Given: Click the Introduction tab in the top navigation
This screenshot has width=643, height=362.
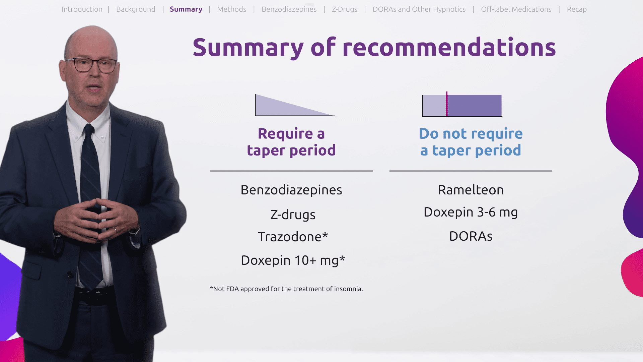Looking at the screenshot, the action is (82, 9).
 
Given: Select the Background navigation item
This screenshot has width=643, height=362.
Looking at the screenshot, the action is (136, 9).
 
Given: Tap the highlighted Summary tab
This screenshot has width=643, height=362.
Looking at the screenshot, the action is (186, 9).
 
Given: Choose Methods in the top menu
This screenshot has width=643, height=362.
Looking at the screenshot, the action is (231, 9).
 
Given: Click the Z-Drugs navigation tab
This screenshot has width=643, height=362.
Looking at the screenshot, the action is (345, 9).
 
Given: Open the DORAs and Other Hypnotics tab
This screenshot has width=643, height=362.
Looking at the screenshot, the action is (419, 9).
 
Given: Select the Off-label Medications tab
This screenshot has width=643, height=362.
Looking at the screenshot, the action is (516, 9).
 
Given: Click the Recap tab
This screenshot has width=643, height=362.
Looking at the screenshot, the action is (577, 9).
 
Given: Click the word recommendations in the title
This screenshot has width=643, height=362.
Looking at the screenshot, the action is (449, 47).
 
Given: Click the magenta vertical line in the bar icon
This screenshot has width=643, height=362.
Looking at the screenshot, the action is (447, 104).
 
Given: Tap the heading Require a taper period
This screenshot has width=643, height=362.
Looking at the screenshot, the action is (291, 142).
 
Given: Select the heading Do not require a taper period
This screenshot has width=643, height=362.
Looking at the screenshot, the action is (471, 142).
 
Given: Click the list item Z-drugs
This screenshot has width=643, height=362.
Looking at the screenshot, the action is (293, 215).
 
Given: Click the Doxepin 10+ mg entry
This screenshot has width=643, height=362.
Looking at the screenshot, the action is (293, 260).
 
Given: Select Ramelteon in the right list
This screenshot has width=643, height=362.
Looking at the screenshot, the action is (471, 190).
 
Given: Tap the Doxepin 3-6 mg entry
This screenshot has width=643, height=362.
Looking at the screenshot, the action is (471, 212).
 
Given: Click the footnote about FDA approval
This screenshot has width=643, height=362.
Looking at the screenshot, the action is (286, 289).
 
